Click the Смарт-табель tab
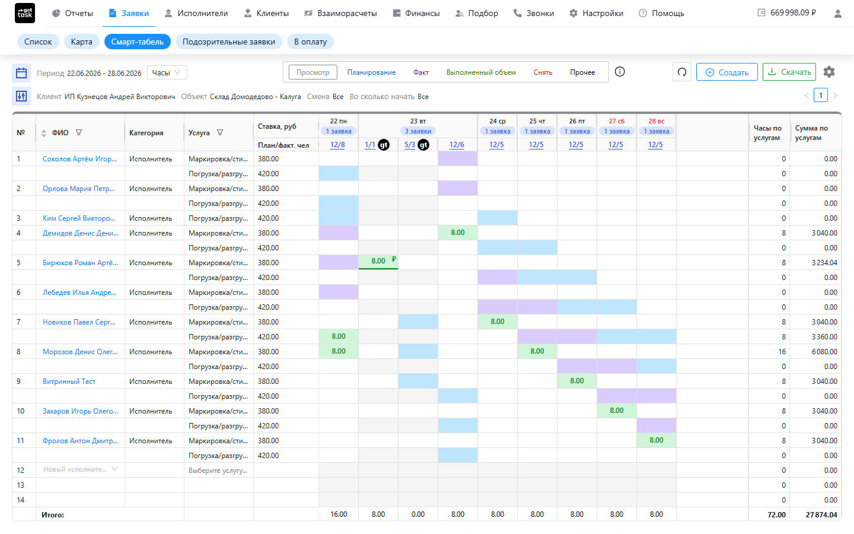[137, 42]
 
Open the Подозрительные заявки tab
[228, 42]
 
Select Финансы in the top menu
[416, 13]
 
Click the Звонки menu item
[533, 13]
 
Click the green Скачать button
[789, 72]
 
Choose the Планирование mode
[371, 72]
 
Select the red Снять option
[543, 72]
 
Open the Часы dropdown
[167, 72]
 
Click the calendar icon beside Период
[21, 72]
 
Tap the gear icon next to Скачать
[829, 72]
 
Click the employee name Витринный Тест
[69, 382]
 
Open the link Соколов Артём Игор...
[79, 159]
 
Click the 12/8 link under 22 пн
[337, 145]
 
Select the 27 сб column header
[617, 121]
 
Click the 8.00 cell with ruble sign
[378, 262]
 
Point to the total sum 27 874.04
[821, 515]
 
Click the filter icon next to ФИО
[79, 132]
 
